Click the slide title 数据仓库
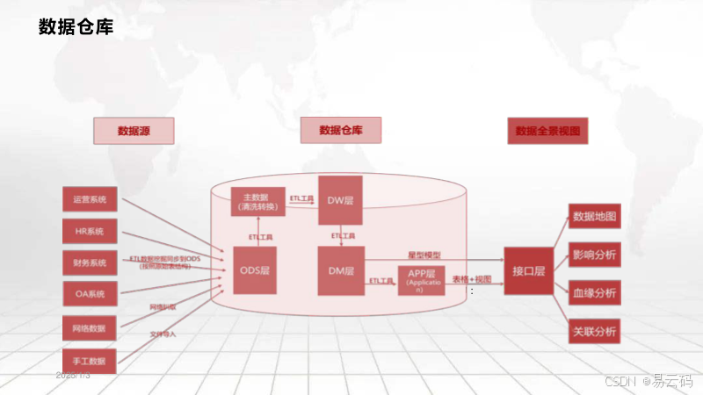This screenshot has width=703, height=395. point(76,27)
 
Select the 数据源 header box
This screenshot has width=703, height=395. point(134,131)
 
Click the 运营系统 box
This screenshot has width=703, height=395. point(90,200)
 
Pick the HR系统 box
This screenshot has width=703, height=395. point(90,232)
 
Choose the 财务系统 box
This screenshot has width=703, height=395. point(90,262)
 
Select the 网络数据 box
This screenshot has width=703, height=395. point(90,328)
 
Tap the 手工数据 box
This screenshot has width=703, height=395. point(90,360)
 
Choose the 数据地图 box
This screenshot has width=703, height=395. point(595,217)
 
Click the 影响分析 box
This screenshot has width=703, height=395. point(595,255)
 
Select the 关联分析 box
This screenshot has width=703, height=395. point(595,332)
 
